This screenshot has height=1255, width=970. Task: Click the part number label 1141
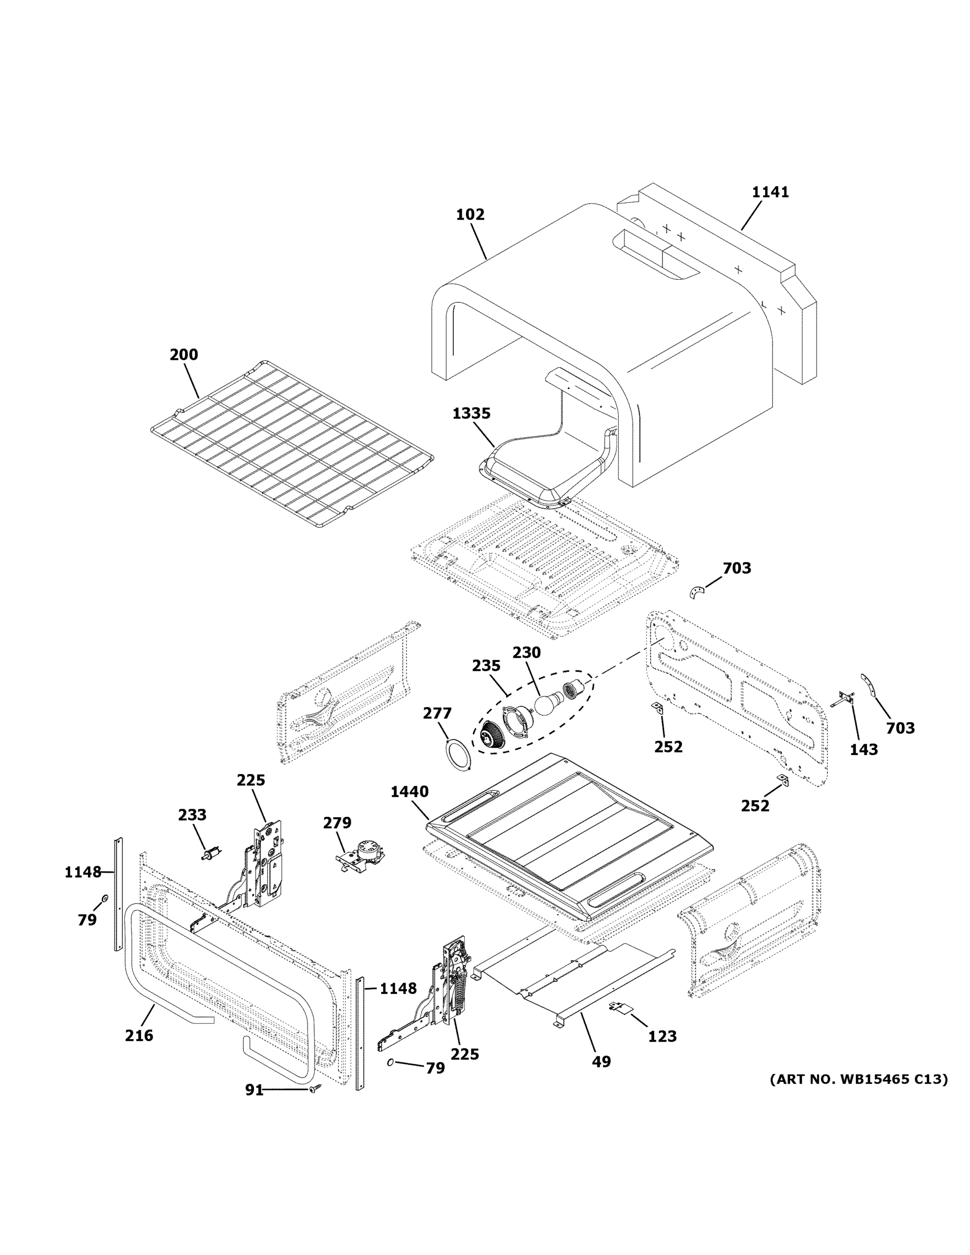770,192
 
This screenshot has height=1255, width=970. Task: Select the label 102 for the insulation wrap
470,214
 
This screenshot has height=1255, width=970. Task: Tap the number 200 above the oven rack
184,355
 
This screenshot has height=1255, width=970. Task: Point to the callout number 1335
471,413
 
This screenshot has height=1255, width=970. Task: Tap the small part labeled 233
211,853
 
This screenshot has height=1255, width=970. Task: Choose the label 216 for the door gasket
139,1035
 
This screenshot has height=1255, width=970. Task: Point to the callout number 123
662,1036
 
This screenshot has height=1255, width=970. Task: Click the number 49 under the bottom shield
601,1062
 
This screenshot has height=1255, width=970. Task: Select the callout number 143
864,749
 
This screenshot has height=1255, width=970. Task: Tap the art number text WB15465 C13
859,1079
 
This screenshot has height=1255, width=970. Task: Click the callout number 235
486,666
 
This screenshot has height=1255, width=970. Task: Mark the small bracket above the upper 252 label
657,708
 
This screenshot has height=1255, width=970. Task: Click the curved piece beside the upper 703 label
697,592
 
